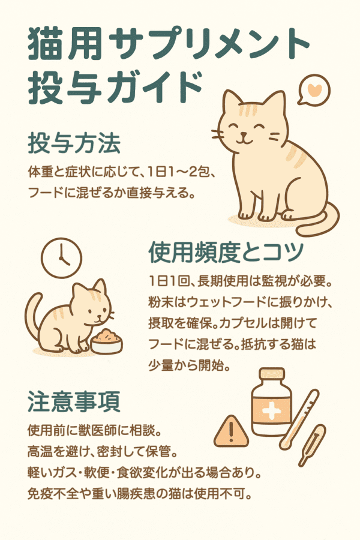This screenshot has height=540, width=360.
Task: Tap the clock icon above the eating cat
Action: click(62, 257)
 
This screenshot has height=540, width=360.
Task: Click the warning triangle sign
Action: click(231, 431)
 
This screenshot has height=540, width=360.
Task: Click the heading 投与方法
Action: click(74, 143)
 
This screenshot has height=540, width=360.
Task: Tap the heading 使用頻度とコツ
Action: click(226, 252)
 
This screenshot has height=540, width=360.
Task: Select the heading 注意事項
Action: click(74, 401)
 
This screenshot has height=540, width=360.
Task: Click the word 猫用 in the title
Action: click(65, 43)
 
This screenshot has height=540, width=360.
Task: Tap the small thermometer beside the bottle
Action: click(312, 445)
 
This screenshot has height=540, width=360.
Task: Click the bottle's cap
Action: click(272, 374)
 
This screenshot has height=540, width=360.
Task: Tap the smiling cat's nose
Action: click(244, 134)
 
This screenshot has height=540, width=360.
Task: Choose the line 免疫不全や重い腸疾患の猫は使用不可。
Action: click(139, 494)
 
